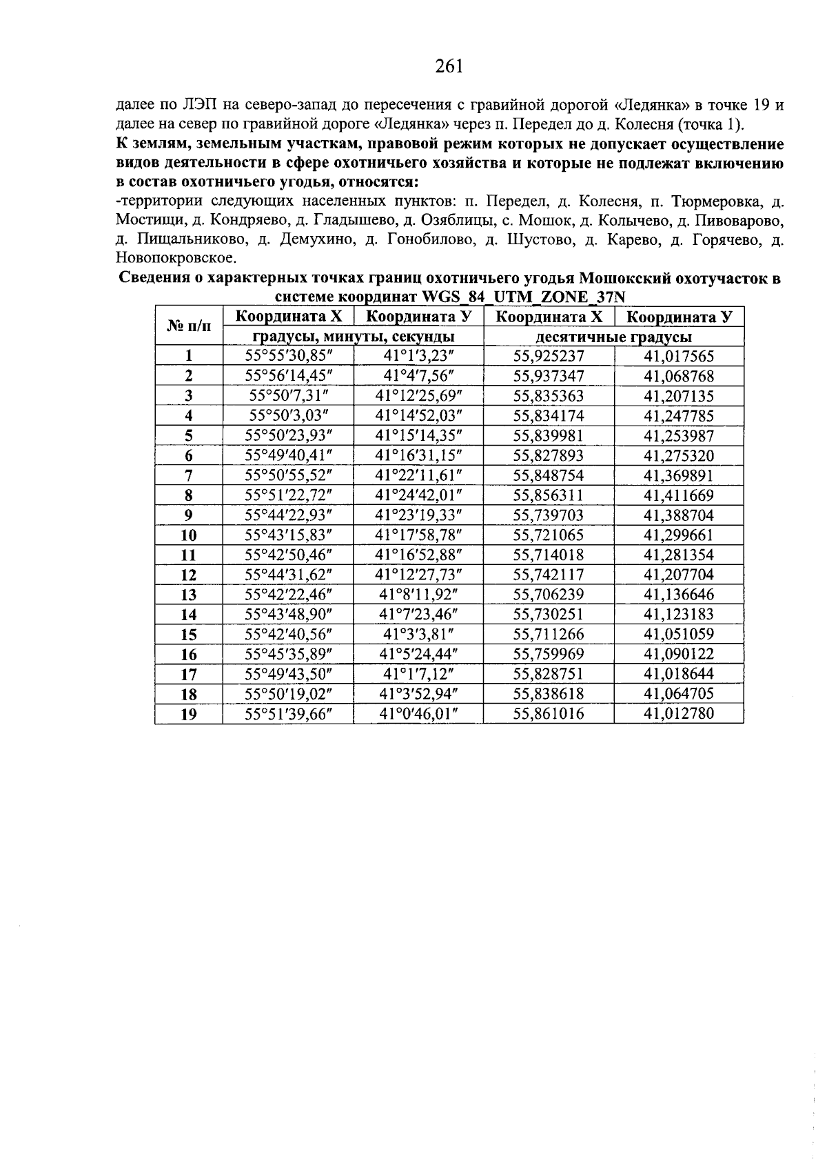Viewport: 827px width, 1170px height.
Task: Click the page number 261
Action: coord(449,66)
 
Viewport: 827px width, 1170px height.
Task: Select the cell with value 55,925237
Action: coord(549,357)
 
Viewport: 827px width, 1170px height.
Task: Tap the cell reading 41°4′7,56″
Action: coord(418,376)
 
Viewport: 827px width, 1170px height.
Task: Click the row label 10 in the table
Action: coord(189,535)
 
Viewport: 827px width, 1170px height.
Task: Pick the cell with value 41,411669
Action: coord(679,495)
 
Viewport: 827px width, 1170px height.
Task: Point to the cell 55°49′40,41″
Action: coord(289,455)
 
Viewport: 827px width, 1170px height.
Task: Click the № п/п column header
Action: coord(189,326)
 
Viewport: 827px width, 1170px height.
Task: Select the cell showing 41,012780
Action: coord(679,713)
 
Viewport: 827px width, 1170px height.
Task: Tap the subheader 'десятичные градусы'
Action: coord(613,337)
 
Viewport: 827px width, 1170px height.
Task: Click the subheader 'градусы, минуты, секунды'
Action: coord(353,337)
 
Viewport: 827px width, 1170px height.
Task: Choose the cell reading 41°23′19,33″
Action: coord(418,515)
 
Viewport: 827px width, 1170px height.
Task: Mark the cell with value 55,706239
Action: coord(549,595)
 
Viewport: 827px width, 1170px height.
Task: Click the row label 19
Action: coord(189,714)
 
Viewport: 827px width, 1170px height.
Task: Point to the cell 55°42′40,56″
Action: coord(289,634)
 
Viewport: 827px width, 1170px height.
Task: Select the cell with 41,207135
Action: coord(679,396)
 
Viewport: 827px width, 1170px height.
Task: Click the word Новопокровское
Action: coord(176,258)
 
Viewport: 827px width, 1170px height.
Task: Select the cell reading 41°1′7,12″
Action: coord(418,674)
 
